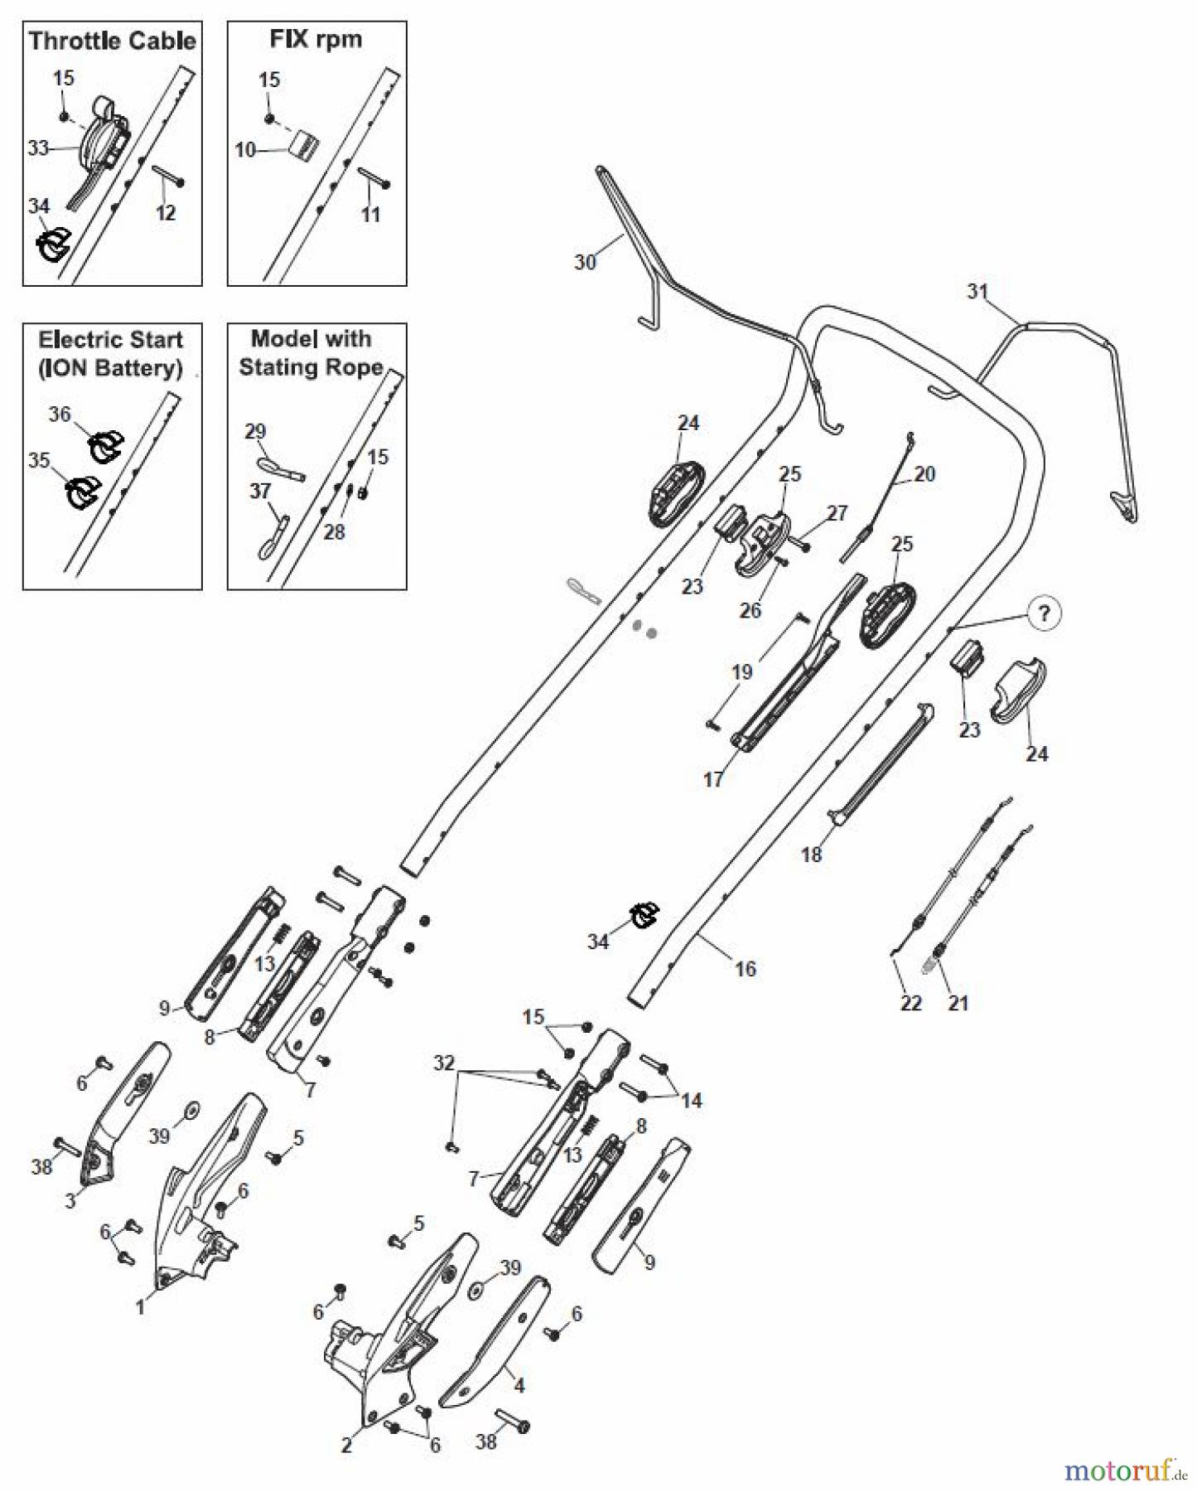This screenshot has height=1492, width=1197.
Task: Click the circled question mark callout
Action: (1044, 613)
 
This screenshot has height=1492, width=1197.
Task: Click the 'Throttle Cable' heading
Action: (113, 41)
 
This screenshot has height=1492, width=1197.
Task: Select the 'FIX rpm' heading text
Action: (316, 39)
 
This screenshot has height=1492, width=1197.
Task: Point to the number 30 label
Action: (585, 262)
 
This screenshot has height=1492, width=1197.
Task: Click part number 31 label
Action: (977, 291)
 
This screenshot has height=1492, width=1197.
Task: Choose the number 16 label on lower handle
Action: (746, 968)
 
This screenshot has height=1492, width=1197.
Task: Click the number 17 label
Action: (713, 779)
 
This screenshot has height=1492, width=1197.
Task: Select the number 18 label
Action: (811, 854)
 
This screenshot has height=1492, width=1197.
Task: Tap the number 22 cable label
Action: (910, 1003)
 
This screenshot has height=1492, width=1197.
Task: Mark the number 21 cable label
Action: (958, 1003)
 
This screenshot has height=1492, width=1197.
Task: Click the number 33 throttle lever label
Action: (38, 148)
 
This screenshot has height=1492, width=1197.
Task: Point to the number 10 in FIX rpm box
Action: (245, 150)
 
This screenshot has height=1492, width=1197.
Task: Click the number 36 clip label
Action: (60, 414)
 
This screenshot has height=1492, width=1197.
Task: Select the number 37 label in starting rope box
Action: (260, 491)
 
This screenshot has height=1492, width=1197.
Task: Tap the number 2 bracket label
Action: (346, 1445)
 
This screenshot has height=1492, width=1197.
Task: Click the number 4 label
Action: (519, 1384)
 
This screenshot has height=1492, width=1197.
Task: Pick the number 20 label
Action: (924, 473)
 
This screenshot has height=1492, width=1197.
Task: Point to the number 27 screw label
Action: (837, 513)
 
